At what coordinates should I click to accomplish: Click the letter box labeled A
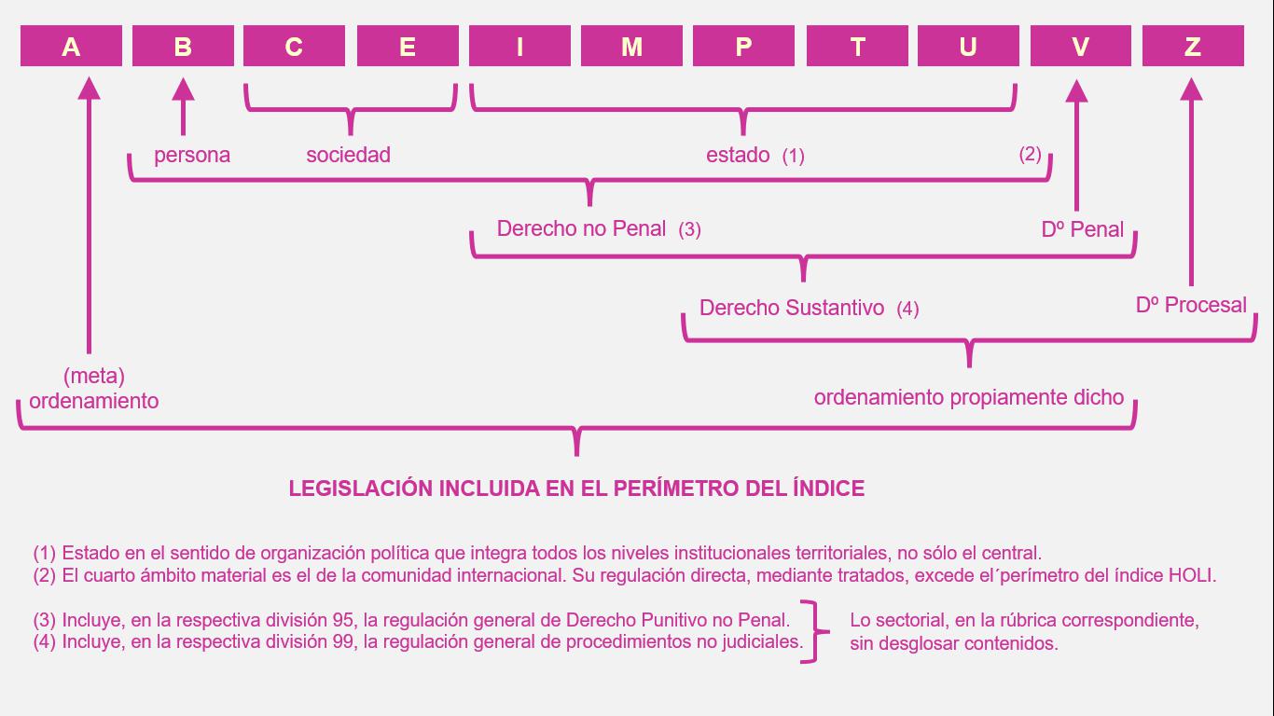tap(71, 46)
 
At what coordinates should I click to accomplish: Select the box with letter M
tap(631, 46)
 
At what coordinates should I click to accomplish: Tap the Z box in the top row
tap(1193, 46)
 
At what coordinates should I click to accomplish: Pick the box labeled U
tap(968, 46)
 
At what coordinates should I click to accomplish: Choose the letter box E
tap(408, 46)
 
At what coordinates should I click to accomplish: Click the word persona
tap(192, 156)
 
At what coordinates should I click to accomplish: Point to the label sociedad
tap(348, 155)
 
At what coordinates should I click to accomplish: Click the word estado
tap(738, 155)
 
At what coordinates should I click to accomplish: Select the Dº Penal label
tap(1082, 229)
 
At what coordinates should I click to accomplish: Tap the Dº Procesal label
tap(1191, 305)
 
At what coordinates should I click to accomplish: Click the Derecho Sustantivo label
tap(792, 308)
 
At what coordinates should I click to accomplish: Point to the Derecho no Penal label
tap(581, 228)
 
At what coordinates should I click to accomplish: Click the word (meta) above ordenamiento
tap(94, 376)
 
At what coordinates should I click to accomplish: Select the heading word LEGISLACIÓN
tap(361, 489)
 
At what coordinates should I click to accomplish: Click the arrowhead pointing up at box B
tap(183, 89)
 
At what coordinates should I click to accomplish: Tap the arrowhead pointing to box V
tap(1076, 91)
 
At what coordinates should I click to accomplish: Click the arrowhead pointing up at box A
tap(89, 89)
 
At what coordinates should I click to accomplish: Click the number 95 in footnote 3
tap(343, 620)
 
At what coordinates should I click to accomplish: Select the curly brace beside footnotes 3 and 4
tap(814, 631)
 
